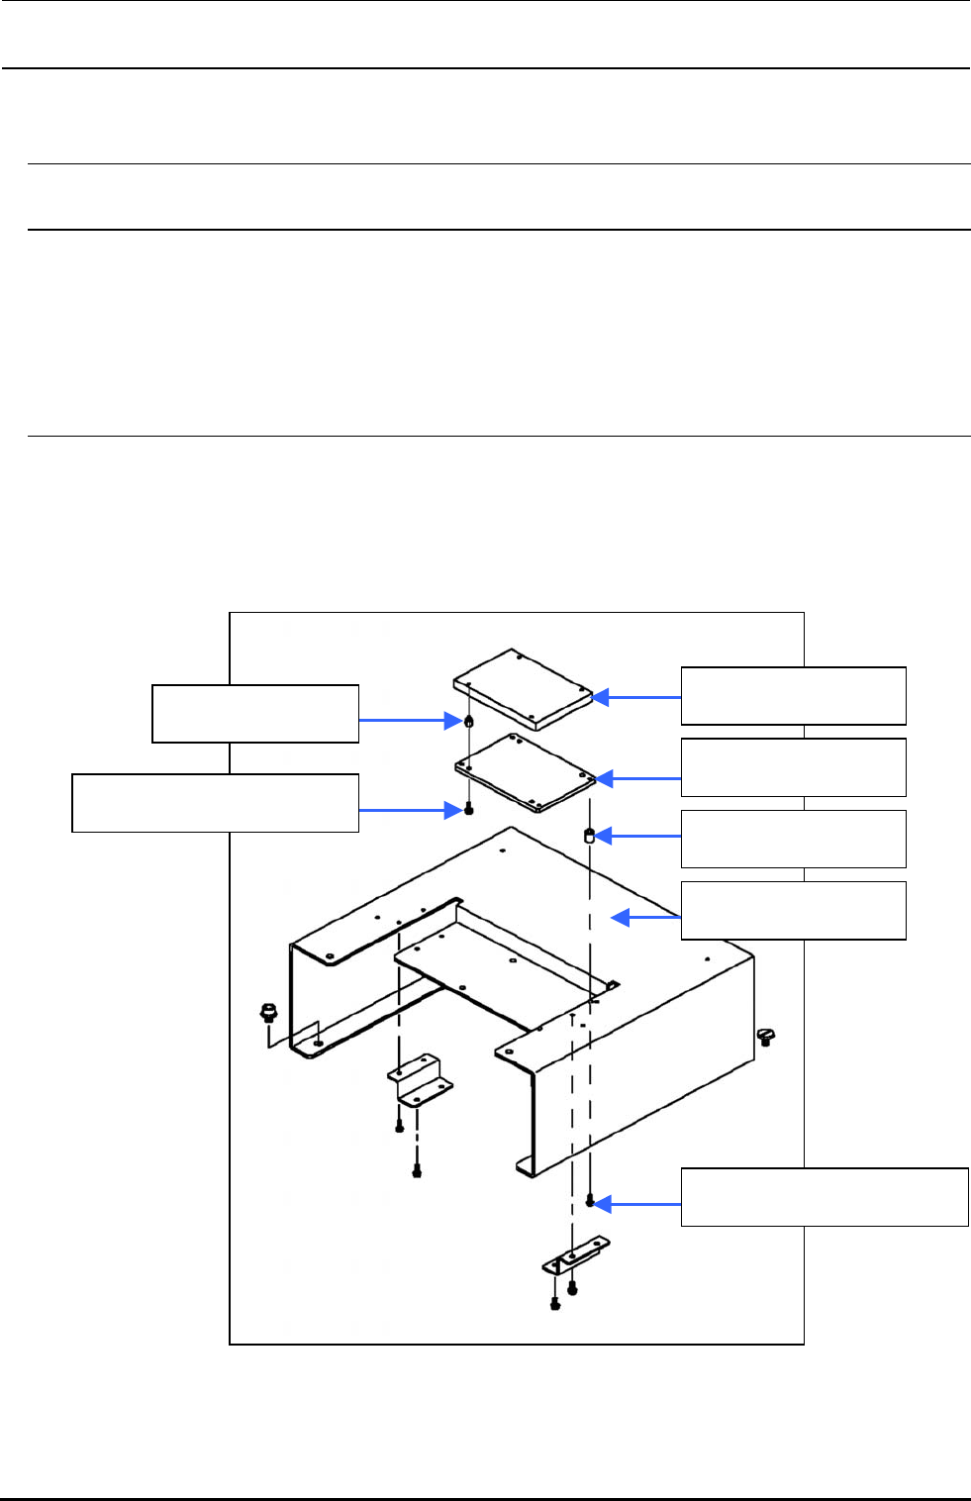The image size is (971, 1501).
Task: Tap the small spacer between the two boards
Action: point(469,720)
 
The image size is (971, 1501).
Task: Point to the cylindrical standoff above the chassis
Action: point(589,837)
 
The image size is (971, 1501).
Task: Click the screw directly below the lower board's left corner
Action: point(469,810)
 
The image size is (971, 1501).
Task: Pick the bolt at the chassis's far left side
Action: point(266,1012)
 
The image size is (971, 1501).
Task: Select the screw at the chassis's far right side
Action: point(766,1036)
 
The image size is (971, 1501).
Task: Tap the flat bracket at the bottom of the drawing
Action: point(575,1255)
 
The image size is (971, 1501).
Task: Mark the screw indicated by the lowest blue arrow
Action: point(590,1201)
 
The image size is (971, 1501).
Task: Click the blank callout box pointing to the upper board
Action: point(793,696)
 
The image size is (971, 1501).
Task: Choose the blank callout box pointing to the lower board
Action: point(793,767)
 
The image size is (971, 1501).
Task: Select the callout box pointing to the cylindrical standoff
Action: point(793,839)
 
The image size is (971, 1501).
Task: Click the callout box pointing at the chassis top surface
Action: point(793,910)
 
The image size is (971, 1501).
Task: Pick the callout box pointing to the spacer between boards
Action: point(254,713)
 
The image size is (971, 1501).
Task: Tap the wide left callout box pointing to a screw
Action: point(215,803)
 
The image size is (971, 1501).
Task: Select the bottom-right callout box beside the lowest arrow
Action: point(824,1197)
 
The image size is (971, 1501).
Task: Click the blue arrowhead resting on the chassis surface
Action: point(621,918)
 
